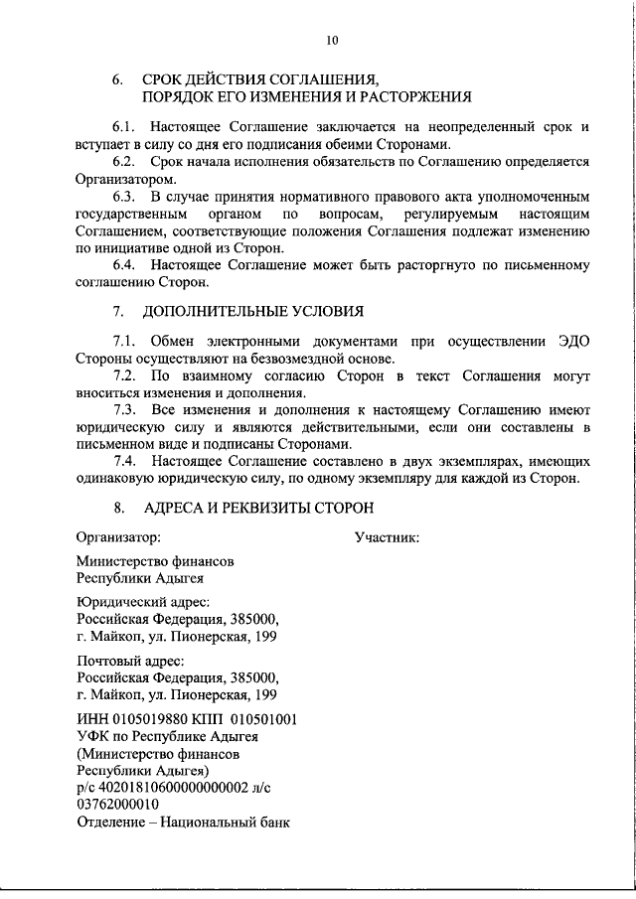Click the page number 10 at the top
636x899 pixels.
332,41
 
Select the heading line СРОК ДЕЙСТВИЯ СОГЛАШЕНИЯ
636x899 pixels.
260,77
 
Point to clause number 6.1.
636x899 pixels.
126,127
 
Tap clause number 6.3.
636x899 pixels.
126,197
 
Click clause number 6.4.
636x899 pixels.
126,266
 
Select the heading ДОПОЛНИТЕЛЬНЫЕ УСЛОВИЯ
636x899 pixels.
252,312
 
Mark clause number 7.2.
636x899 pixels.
126,376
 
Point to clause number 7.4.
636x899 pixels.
126,461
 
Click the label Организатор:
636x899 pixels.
118,537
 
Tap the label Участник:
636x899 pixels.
387,537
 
